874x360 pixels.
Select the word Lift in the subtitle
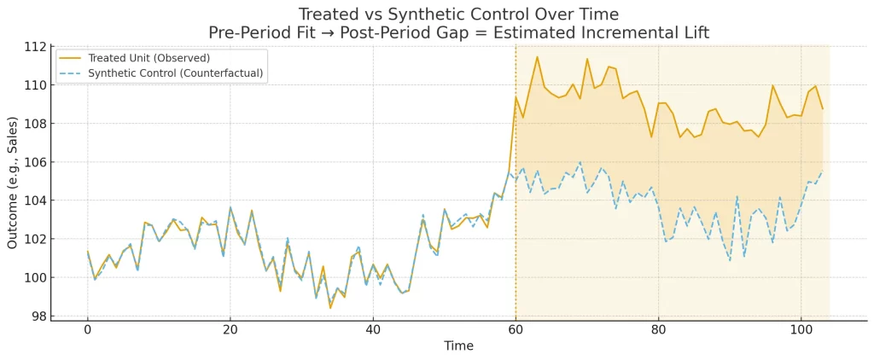692,33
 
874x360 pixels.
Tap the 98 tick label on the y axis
37,316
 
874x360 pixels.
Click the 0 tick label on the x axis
87,330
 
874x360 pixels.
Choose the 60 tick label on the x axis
516,330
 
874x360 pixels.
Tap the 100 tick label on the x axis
801,330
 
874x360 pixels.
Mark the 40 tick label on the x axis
372,330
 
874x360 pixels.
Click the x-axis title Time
459,346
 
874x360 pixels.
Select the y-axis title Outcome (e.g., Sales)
13,183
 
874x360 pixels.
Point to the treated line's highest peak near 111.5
537,57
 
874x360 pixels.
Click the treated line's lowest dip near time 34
330,307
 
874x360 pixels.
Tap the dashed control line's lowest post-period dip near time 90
730,260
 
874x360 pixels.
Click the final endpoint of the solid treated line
823,108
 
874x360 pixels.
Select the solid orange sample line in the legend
71,58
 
